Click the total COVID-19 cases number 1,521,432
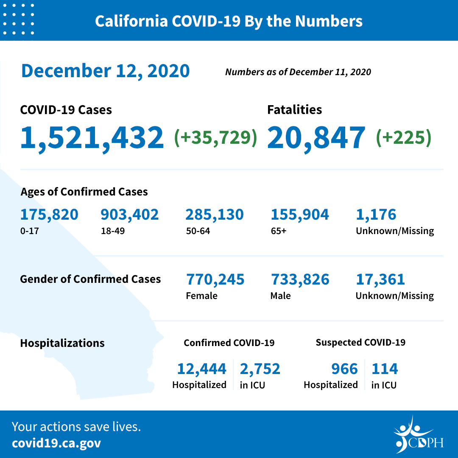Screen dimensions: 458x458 pyautogui.click(x=92, y=138)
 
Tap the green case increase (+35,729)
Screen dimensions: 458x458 pyautogui.click(x=216, y=138)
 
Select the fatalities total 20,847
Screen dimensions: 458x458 pyautogui.click(x=316, y=138)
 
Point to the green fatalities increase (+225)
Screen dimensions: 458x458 pyautogui.click(x=403, y=138)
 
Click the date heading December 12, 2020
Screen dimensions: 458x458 pyautogui.click(x=105, y=71)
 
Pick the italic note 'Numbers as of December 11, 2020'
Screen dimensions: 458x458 pyautogui.click(x=298, y=72)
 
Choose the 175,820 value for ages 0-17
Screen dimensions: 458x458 pyautogui.click(x=49, y=215)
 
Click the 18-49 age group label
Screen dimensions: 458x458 pyautogui.click(x=110, y=231)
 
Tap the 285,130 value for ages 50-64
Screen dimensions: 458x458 pyautogui.click(x=214, y=215)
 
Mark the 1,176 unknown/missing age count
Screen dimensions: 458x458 pyautogui.click(x=376, y=215)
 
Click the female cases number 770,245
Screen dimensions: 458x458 pyautogui.click(x=215, y=279)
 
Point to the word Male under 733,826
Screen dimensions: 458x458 pyautogui.click(x=280, y=296)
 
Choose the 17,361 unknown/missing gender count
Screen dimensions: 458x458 pyautogui.click(x=380, y=279)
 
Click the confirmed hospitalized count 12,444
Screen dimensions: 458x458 pyautogui.click(x=201, y=369)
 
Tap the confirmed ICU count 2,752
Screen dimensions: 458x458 pyautogui.click(x=260, y=369)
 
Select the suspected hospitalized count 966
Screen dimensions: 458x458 pyautogui.click(x=344, y=369)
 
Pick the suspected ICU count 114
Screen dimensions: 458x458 pyautogui.click(x=385, y=369)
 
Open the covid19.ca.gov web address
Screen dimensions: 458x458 pyautogui.click(x=56, y=443)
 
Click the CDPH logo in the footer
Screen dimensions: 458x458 pyautogui.click(x=418, y=435)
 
